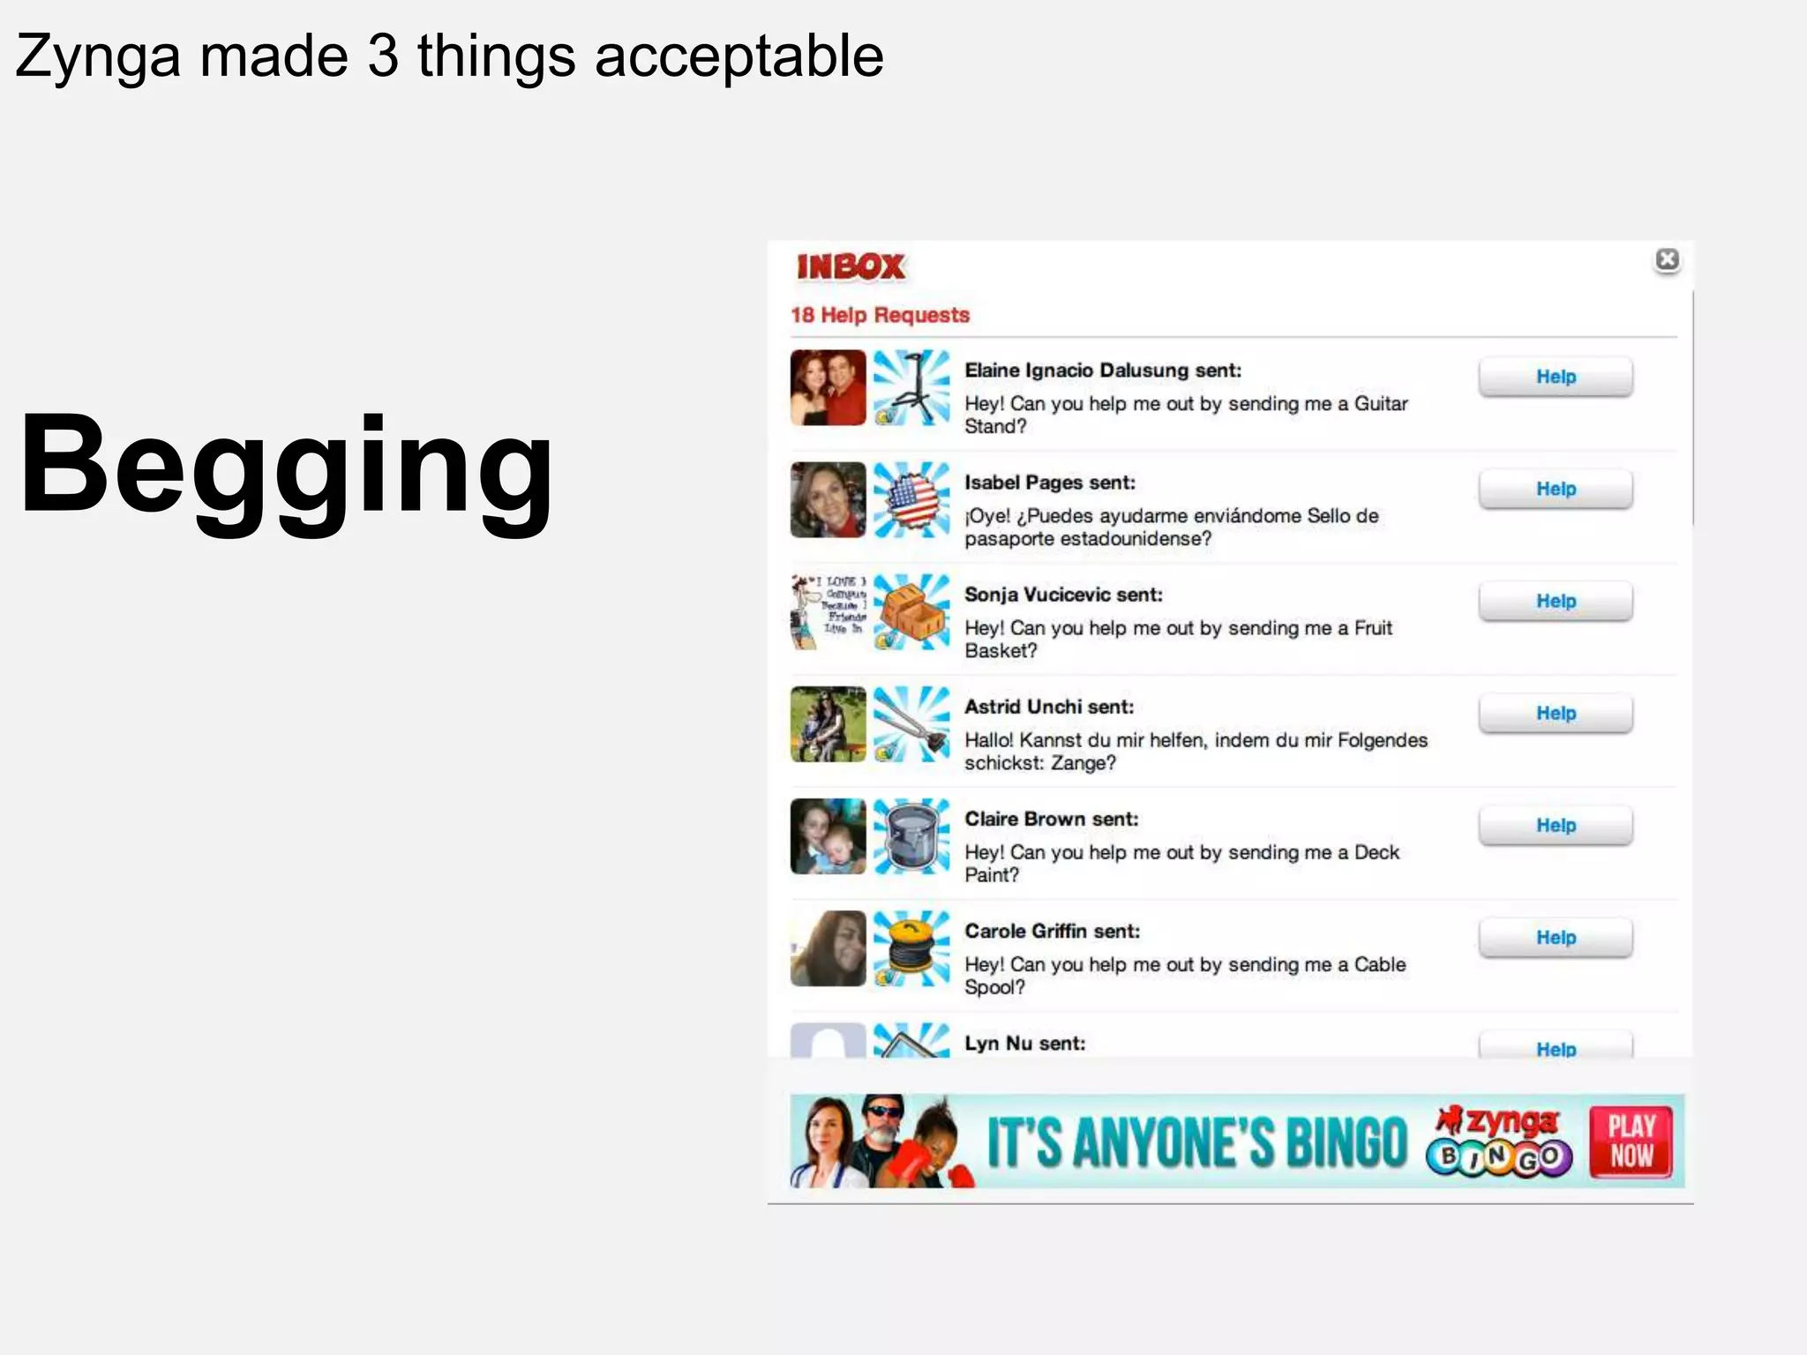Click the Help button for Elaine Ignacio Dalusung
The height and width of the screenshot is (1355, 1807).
pyautogui.click(x=1556, y=377)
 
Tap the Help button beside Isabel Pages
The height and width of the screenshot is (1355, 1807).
pyautogui.click(x=1556, y=489)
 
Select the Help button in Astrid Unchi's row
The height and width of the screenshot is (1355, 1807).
pyautogui.click(x=1556, y=713)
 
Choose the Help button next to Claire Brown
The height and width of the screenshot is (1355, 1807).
pyautogui.click(x=1556, y=825)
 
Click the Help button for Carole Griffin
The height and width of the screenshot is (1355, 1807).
pyautogui.click(x=1556, y=937)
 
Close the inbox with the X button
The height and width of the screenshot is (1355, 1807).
pyautogui.click(x=1667, y=259)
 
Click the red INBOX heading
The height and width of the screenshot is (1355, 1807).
pyautogui.click(x=851, y=266)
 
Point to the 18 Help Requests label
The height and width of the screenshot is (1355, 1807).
pyautogui.click(x=880, y=315)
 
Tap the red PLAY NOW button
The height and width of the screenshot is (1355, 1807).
pyautogui.click(x=1631, y=1142)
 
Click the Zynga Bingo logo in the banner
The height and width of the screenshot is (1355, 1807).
pyautogui.click(x=1499, y=1142)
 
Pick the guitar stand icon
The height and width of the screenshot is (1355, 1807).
pyautogui.click(x=911, y=387)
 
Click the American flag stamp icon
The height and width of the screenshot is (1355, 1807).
pyautogui.click(x=911, y=499)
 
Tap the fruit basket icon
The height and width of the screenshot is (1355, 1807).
pyautogui.click(x=911, y=611)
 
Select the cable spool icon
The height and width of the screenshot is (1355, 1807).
pyautogui.click(x=911, y=948)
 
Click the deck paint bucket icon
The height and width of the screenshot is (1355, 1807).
pyautogui.click(x=911, y=835)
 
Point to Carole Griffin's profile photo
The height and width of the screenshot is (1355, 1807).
pyautogui.click(x=828, y=948)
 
